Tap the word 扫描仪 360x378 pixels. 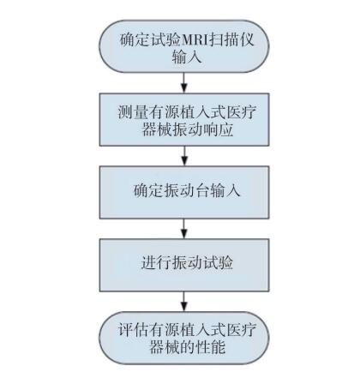click(x=232, y=39)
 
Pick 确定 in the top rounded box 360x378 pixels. click(x=135, y=39)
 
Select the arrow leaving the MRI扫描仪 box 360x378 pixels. click(x=184, y=82)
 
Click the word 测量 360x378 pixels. click(x=133, y=112)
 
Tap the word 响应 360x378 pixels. click(x=219, y=129)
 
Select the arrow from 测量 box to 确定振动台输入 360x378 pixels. click(x=184, y=156)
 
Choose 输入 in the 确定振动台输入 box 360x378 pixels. click(x=225, y=190)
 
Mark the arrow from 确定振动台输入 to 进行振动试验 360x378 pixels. click(x=184, y=229)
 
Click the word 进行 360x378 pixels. click(x=157, y=262)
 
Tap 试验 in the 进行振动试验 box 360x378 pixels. click(x=218, y=262)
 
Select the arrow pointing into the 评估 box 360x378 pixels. click(x=184, y=302)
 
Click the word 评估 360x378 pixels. click(x=133, y=330)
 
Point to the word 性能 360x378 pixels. click(x=211, y=347)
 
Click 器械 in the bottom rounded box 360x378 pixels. click(x=165, y=347)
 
